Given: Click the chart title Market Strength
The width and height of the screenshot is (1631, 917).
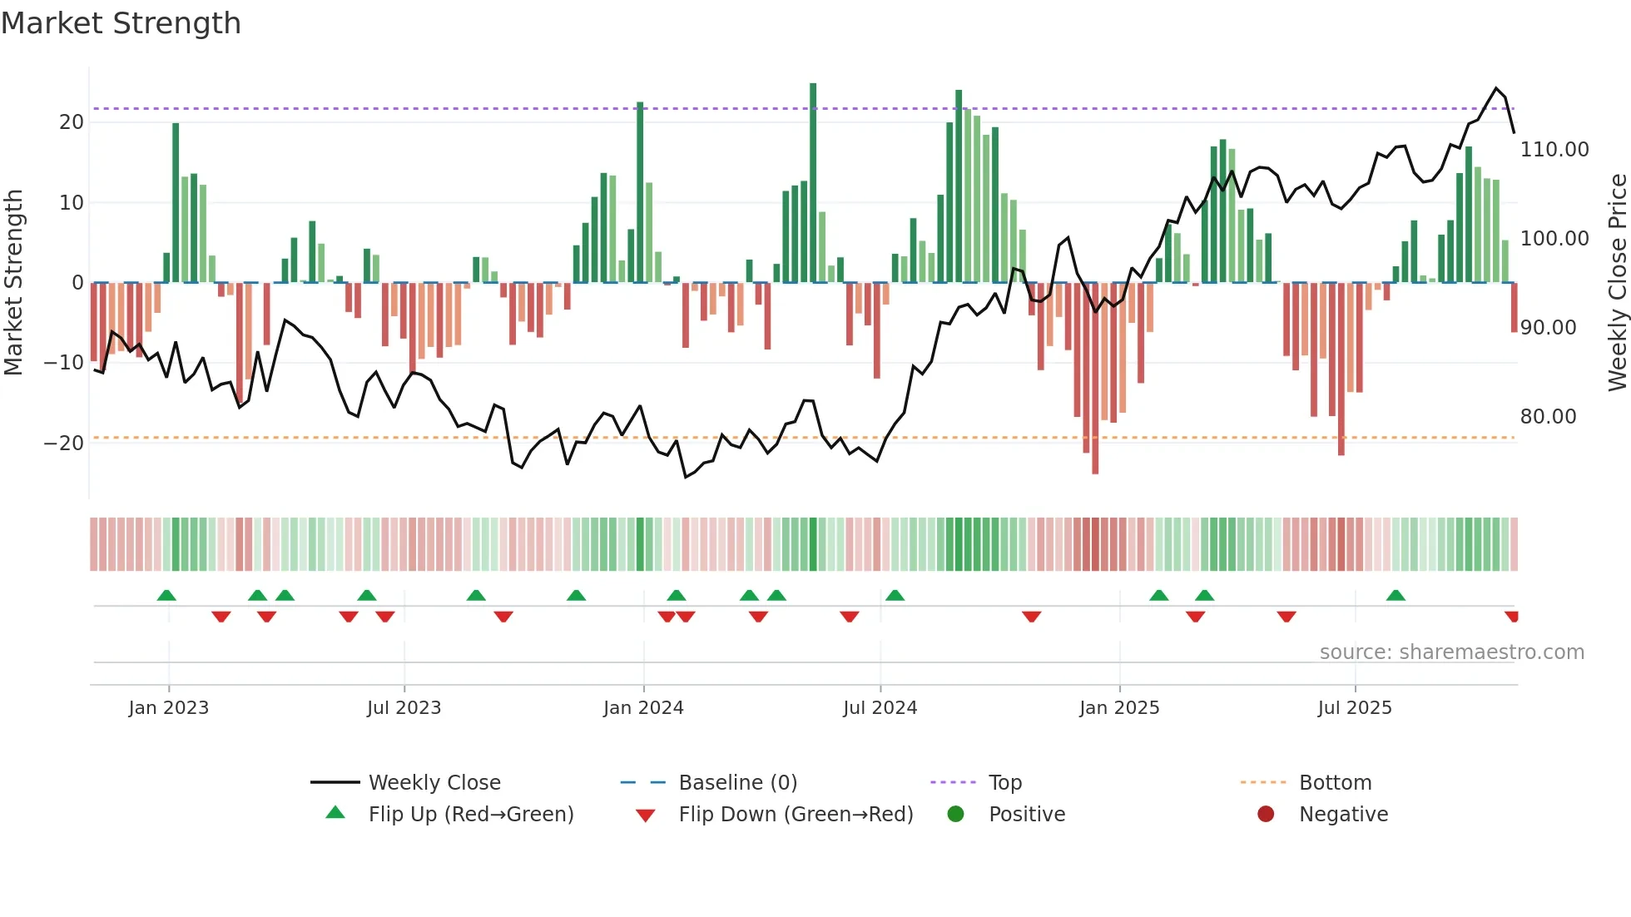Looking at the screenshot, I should pos(121,23).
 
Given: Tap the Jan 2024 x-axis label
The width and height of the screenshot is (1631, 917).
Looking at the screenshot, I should pos(643,708).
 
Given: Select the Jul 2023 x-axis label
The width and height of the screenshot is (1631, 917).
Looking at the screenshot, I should pos(404,708).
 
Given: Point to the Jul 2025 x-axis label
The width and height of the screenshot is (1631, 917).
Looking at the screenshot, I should pos(1355,708).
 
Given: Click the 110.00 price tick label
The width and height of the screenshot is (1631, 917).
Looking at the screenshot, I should pos(1554,150).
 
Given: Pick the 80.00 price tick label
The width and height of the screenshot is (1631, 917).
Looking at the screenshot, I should pos(1549,417).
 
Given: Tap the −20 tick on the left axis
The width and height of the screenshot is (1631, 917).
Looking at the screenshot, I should pos(64,444).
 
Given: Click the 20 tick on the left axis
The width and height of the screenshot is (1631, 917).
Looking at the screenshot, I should pos(72,122).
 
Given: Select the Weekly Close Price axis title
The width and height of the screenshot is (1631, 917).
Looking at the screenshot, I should pos(1617,283).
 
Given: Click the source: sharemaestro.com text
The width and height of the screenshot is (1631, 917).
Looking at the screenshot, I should pos(1451,652).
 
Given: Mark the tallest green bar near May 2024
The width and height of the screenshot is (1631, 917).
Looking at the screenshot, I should pos(813,183).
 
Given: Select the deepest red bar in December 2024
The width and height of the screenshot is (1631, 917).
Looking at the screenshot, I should pos(1095,379).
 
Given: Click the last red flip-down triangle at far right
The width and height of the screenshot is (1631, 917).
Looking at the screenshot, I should pos(1512,617).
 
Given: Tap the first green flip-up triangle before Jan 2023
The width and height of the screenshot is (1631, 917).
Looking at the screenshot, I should pos(166,595).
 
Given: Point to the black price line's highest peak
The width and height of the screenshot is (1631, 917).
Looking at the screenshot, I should pos(1496,88).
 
